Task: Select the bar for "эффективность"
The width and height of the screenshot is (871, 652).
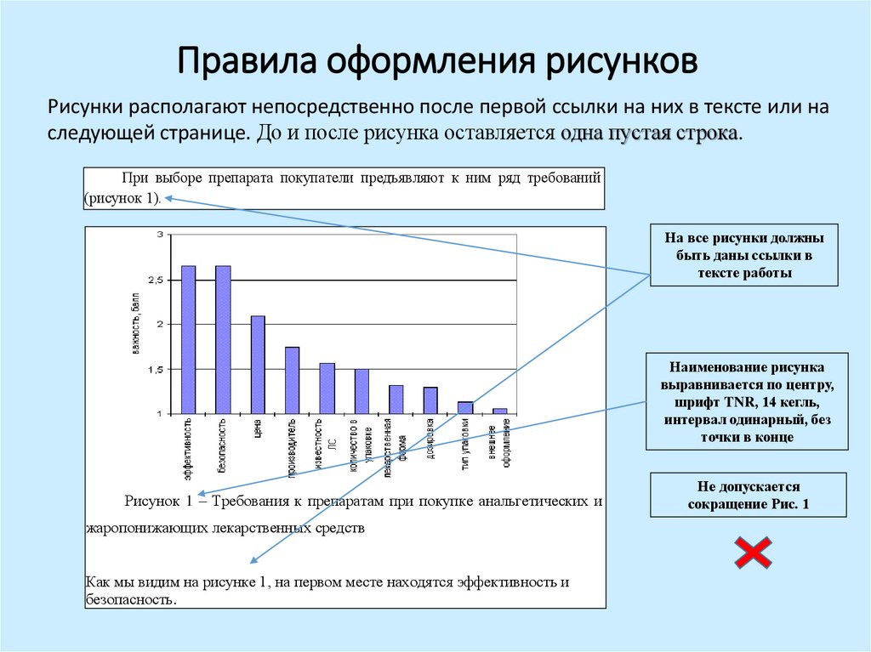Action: pos(189,340)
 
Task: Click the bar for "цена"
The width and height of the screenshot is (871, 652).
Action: pos(258,365)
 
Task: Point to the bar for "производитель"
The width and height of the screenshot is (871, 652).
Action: pos(292,380)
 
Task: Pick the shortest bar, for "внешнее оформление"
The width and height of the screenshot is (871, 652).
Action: pos(500,411)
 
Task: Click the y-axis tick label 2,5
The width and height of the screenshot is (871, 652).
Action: pos(155,280)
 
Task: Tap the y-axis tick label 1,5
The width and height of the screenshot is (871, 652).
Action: pos(155,369)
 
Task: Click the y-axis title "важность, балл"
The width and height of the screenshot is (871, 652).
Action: pos(134,323)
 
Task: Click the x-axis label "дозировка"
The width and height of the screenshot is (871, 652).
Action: pos(431,438)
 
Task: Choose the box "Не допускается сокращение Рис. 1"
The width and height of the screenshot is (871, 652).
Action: pos(748,496)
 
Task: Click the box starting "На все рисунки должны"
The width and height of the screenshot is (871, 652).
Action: pos(744,255)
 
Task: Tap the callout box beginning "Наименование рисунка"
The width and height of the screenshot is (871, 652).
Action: pos(746,401)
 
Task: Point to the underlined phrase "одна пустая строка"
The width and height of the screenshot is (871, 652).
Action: pos(650,134)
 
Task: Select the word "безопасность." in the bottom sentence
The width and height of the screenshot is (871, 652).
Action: pos(130,598)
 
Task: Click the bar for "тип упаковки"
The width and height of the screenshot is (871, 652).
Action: pos(465,407)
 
